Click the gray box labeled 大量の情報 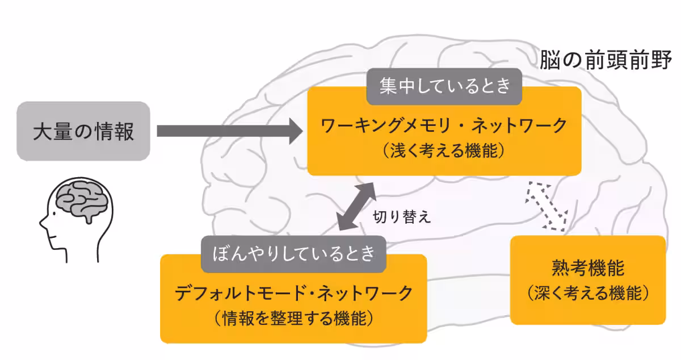[x=83, y=131]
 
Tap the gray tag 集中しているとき [x=444, y=86]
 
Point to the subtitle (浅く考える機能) [x=444, y=151]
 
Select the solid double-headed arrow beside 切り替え [x=356, y=207]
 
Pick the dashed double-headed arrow [x=547, y=207]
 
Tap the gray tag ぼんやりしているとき [x=293, y=253]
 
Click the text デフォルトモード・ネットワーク [x=293, y=293]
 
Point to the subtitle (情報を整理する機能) [x=293, y=319]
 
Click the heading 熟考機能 [x=587, y=268]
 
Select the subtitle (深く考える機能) [x=587, y=294]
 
